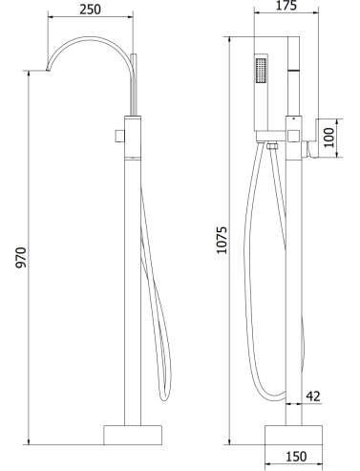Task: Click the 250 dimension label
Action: [x=90, y=10]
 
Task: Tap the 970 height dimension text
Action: [x=21, y=257]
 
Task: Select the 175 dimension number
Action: [x=286, y=6]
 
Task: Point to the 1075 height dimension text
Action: [x=222, y=240]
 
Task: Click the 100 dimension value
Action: [x=329, y=138]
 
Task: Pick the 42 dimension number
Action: [x=313, y=396]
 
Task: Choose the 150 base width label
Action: [x=296, y=457]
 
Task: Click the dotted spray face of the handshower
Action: [x=261, y=70]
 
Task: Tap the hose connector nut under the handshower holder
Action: [x=271, y=146]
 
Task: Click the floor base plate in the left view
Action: [x=133, y=435]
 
